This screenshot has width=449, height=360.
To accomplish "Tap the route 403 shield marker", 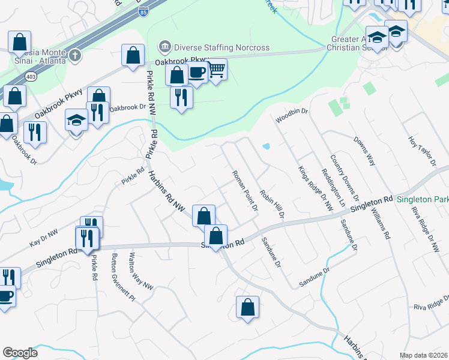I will [31, 77].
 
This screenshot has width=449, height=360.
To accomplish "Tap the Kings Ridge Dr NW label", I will [315, 188].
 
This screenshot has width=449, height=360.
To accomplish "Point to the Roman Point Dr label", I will [245, 190].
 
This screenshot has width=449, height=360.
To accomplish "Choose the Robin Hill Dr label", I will [271, 203].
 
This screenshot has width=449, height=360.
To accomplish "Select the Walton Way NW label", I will [141, 271].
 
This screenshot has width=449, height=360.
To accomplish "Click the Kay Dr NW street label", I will [44, 238].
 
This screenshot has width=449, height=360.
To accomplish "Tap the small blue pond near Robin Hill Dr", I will [266, 146].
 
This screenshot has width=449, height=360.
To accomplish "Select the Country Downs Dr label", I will [345, 178].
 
